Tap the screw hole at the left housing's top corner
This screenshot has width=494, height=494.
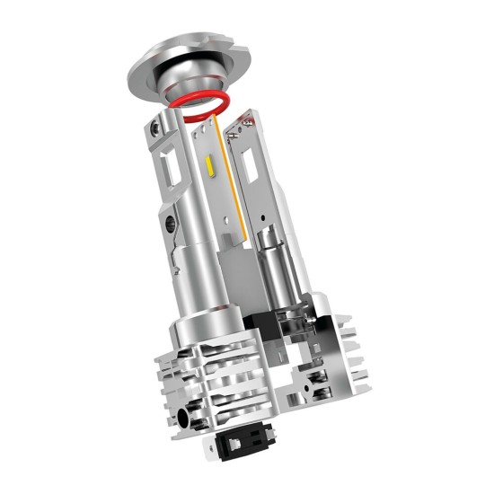[x=158, y=129]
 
